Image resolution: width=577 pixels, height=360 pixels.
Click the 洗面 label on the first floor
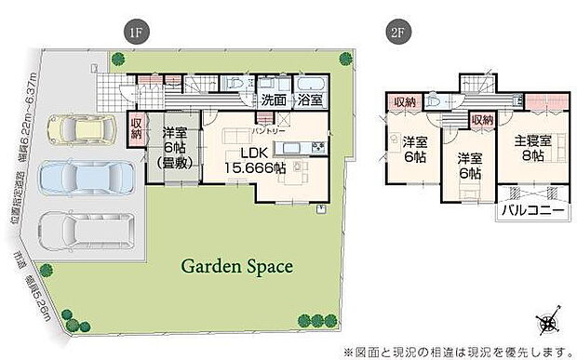273,100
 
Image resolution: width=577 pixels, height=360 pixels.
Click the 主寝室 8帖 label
533,149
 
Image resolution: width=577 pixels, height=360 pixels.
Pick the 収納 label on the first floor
136,127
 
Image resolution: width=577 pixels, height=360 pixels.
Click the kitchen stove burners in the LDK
318,146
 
